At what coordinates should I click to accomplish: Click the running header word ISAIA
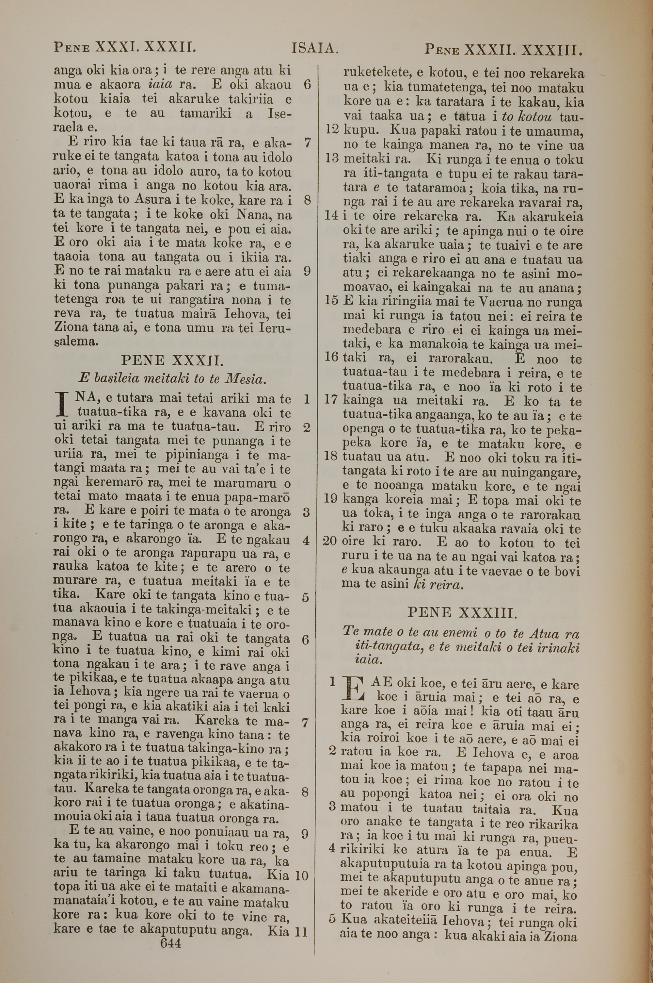(314, 49)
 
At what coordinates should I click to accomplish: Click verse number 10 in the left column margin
(301, 875)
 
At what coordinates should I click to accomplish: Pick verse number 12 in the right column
(333, 130)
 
